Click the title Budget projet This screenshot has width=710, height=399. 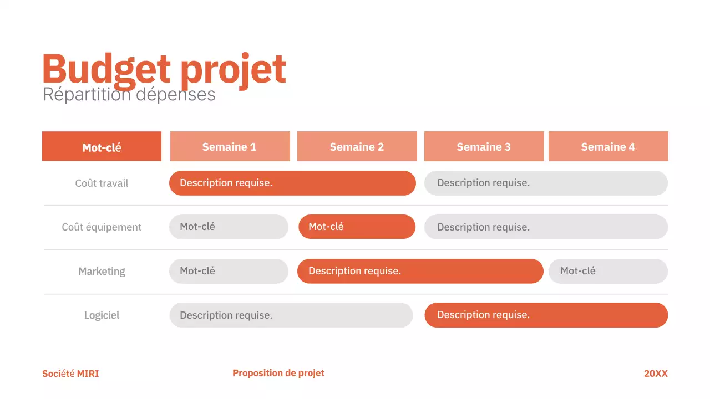(164, 70)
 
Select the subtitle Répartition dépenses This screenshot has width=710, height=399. (129, 95)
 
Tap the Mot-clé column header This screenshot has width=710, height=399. (102, 147)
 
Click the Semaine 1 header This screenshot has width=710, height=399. (230, 147)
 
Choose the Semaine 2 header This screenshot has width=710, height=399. (357, 147)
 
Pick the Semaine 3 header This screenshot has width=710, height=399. (484, 147)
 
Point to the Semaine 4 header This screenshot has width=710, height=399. (608, 147)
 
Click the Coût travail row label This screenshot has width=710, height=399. (102, 183)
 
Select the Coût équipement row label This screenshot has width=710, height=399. (102, 227)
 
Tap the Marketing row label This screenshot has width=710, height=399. (102, 272)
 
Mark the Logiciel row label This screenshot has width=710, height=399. (102, 315)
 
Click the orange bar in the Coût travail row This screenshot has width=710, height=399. (292, 183)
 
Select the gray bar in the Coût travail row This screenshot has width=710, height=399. (546, 183)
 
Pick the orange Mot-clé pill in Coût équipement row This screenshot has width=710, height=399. (357, 227)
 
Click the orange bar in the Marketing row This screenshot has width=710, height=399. (420, 271)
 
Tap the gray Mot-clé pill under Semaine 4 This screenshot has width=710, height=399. (608, 271)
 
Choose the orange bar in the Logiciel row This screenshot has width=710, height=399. (546, 315)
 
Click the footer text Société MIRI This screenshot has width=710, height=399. (70, 374)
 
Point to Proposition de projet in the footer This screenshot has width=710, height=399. (278, 373)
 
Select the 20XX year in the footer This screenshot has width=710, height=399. (656, 374)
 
